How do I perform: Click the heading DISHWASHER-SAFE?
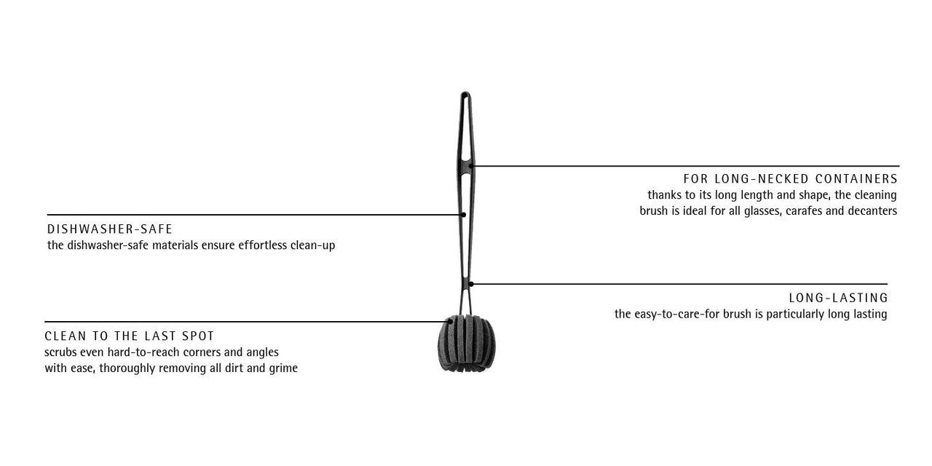click(109, 229)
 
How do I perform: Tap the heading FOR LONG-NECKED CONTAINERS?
click(790, 179)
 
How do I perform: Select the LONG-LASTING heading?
click(838, 298)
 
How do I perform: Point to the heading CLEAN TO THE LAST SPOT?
click(129, 336)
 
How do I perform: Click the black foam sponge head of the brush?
click(467, 344)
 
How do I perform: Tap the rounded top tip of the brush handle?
click(465, 93)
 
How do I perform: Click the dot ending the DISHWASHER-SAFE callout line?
click(463, 215)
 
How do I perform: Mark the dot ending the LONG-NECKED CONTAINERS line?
click(471, 165)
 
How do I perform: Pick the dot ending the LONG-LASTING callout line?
click(471, 284)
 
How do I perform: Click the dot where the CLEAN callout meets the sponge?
click(450, 322)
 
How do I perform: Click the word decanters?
click(872, 211)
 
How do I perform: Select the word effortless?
click(263, 245)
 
